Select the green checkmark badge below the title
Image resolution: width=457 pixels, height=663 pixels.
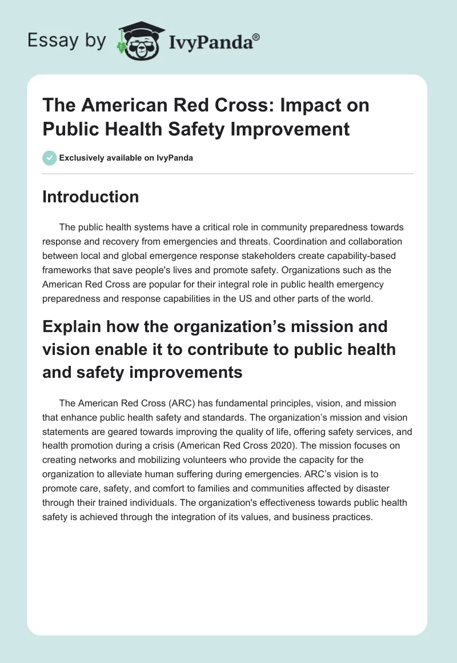(50, 158)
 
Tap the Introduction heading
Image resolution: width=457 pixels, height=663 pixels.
(91, 197)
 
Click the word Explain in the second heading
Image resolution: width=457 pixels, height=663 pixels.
(74, 327)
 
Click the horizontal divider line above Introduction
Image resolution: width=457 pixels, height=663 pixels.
(227, 173)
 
